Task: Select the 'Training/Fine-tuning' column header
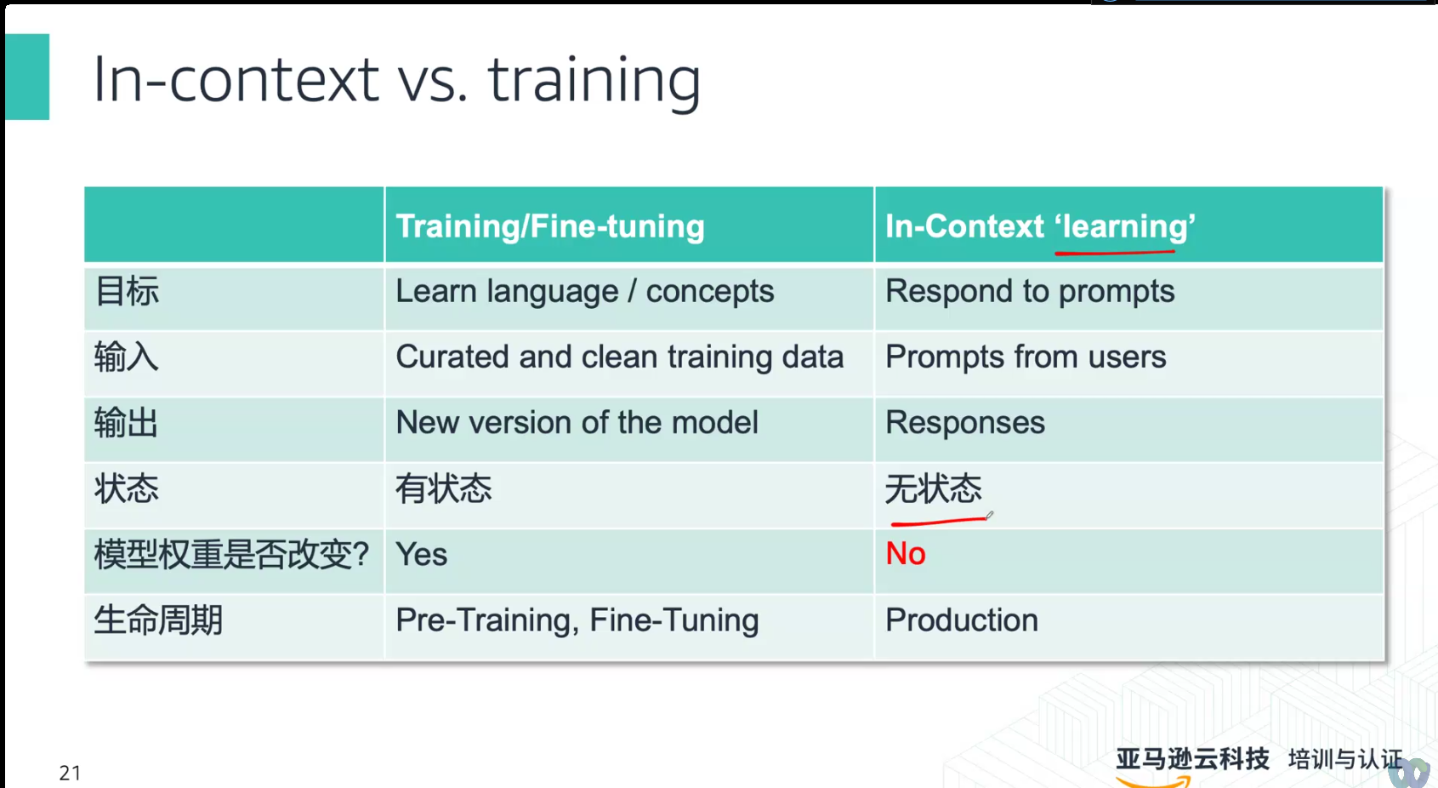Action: tap(550, 226)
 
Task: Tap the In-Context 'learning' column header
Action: tap(1040, 226)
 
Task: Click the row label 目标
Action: tap(127, 291)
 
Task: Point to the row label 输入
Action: tap(126, 357)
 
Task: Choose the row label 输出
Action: tap(126, 423)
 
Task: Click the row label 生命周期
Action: tap(158, 620)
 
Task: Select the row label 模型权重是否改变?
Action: tap(231, 554)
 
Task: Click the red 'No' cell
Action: tap(905, 554)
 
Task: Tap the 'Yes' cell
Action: tap(421, 554)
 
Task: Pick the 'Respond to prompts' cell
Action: tap(1030, 292)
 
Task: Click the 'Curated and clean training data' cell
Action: tap(619, 357)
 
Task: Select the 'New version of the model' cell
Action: tap(577, 423)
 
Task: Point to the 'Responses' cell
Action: tap(965, 423)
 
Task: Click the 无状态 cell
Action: tap(934, 488)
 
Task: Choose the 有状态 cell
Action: tap(444, 488)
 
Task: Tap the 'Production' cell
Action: tap(961, 620)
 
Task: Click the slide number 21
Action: tap(70, 773)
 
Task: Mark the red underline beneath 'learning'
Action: tap(1115, 253)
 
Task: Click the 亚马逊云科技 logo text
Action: tap(1192, 759)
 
